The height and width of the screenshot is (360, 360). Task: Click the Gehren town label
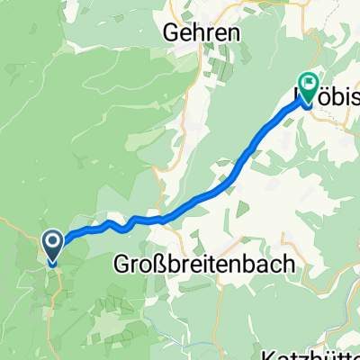[201, 32]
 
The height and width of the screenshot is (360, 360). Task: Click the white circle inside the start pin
[52, 242]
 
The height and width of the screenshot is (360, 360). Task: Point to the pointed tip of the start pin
[52, 265]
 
